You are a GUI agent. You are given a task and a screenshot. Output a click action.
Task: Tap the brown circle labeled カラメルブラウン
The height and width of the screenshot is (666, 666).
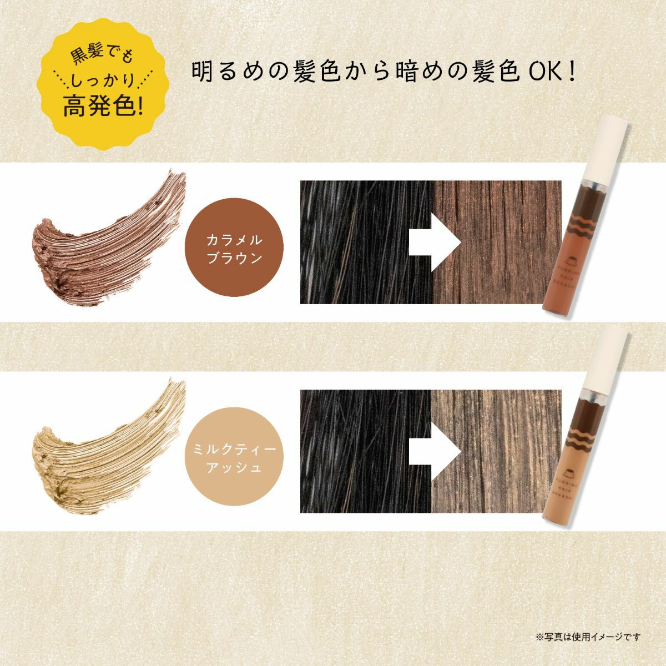234,249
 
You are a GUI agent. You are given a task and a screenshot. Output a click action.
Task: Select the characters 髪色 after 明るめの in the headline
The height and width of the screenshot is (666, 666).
314,73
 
